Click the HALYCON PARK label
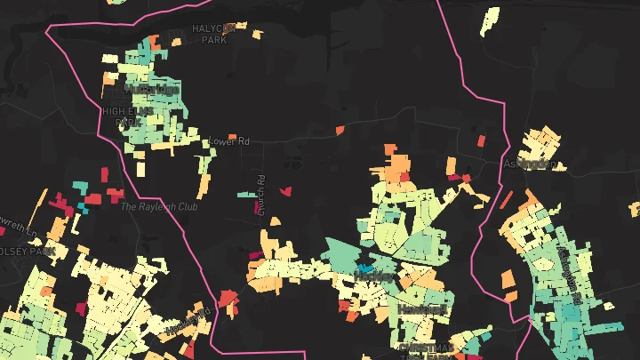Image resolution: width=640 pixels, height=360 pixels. coord(213,34)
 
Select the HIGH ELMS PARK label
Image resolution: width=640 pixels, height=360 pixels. coord(128,116)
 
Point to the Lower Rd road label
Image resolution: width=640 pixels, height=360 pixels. coord(224,141)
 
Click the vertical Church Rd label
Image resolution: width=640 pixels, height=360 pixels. coord(261,194)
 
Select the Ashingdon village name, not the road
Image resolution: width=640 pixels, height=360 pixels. coord(531,164)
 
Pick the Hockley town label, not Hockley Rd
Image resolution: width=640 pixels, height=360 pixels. coord(372,277)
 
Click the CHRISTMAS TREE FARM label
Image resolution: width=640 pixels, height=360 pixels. coord(427,350)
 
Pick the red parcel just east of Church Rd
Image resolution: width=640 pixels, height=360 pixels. coord(285,190)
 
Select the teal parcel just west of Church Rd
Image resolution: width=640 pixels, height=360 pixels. coord(245,195)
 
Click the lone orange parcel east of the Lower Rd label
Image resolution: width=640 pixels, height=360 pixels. coord(340,131)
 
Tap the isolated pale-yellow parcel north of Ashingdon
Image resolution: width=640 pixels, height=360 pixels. coord(491,21)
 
